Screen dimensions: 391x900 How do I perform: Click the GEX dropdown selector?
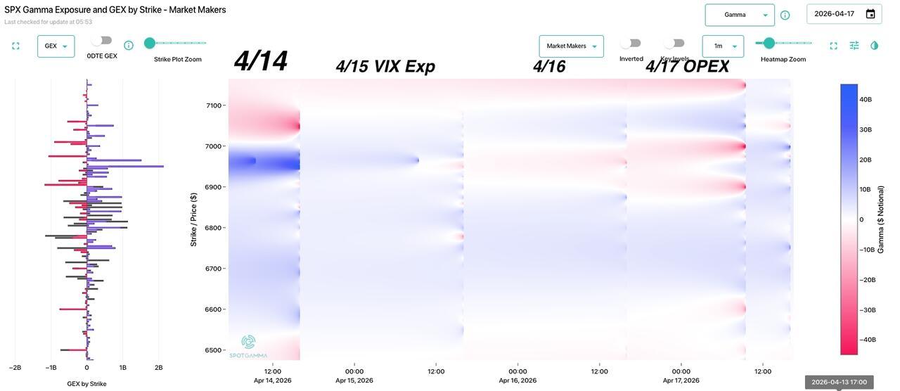[x=56, y=46]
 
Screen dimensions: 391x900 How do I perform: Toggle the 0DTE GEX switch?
[x=102, y=41]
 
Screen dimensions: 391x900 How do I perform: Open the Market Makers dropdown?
[x=571, y=46]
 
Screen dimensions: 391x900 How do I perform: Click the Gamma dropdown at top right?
[x=740, y=15]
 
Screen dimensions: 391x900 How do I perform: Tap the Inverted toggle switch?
[x=631, y=44]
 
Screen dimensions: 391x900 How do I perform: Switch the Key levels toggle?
[x=674, y=44]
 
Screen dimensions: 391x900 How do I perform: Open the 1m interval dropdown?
[x=723, y=46]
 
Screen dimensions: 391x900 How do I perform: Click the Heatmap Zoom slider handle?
[x=769, y=43]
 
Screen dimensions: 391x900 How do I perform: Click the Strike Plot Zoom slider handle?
[x=150, y=43]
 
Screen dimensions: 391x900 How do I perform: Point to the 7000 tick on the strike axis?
[x=212, y=146]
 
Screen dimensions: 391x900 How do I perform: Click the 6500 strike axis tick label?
[x=212, y=350]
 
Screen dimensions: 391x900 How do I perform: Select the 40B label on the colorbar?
[x=866, y=100]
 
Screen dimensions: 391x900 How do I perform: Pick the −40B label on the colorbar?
[x=868, y=340]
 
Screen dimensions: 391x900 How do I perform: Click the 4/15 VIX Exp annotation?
[x=385, y=67]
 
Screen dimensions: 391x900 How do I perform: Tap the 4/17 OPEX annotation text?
[x=687, y=67]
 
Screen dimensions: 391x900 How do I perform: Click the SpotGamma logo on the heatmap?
[x=248, y=346]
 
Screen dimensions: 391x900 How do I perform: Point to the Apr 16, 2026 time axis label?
[x=517, y=380]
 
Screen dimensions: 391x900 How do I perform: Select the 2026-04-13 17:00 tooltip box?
[x=839, y=383]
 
